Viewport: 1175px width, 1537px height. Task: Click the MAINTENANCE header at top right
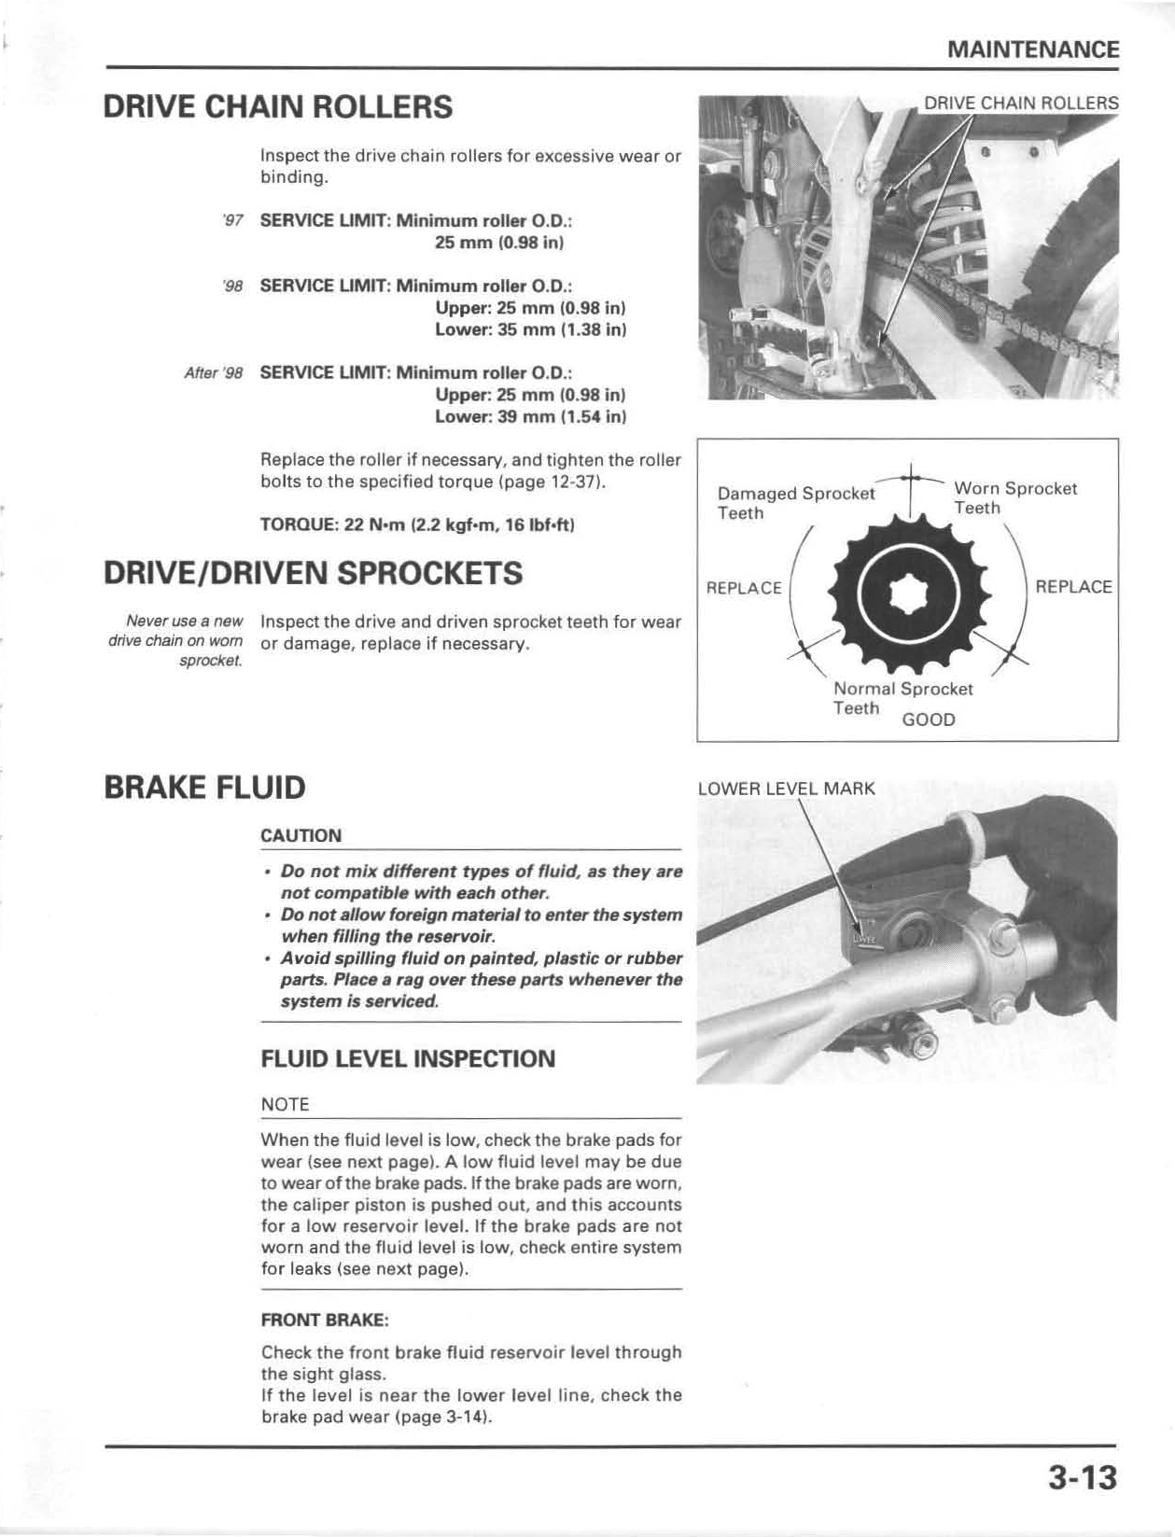(x=1032, y=49)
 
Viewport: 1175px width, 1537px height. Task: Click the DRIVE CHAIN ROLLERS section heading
(x=278, y=107)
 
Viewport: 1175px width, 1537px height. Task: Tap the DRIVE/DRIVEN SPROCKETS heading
(x=314, y=573)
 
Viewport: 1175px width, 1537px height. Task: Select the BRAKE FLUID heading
(x=204, y=788)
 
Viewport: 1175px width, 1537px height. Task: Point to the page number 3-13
(x=1082, y=1478)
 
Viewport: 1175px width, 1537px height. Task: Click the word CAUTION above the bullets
(x=301, y=836)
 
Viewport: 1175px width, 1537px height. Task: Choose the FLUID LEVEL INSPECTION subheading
(x=408, y=1059)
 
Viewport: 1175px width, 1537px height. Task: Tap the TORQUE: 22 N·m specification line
(x=417, y=525)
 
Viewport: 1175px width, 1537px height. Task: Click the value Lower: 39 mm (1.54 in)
(x=530, y=416)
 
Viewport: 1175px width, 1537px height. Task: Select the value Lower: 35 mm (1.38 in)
(x=530, y=329)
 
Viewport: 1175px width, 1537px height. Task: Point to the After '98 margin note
(x=214, y=373)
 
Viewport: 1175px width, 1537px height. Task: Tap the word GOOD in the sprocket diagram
(x=928, y=720)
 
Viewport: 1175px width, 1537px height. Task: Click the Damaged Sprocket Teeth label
(x=795, y=503)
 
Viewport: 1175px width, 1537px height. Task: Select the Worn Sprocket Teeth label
(x=1014, y=498)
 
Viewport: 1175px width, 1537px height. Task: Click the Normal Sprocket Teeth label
(x=902, y=698)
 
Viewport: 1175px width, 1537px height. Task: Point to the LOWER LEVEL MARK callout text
(x=786, y=789)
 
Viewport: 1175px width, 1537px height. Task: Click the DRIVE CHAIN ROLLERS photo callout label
(x=1020, y=104)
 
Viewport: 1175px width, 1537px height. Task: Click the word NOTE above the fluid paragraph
(x=285, y=1105)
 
